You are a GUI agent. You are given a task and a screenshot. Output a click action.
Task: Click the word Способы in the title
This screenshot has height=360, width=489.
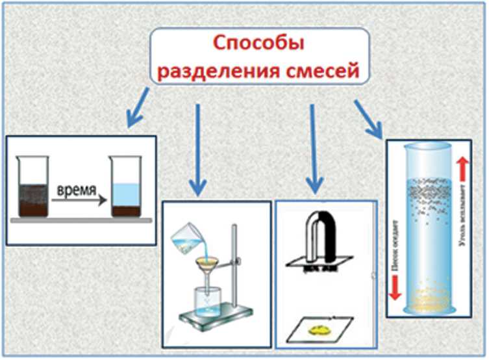tap(259, 45)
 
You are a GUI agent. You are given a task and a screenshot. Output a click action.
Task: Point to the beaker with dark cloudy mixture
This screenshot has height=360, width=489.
tap(32, 188)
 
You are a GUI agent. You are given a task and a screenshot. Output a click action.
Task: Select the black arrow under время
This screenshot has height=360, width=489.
tap(79, 202)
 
